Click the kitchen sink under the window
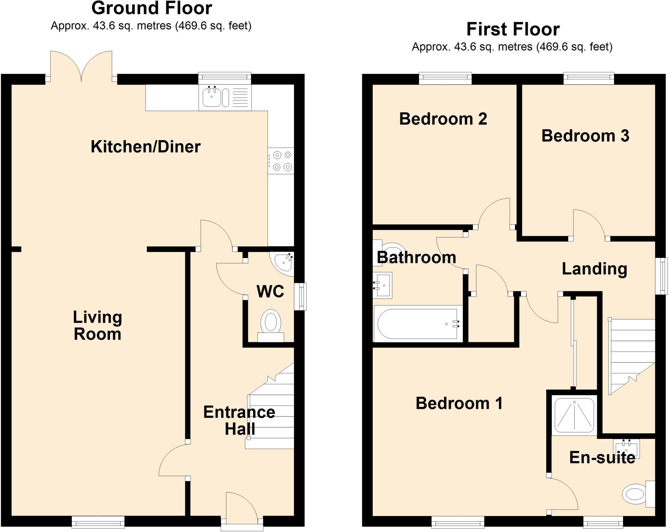click(212, 97)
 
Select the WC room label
click(270, 291)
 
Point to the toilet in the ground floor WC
click(271, 325)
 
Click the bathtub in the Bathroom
click(417, 324)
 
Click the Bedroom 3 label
click(585, 136)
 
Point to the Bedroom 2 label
click(443, 119)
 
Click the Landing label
click(594, 269)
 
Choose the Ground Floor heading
click(152, 8)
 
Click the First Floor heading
click(513, 29)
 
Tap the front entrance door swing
click(241, 507)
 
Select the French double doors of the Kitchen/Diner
click(81, 67)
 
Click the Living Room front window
click(98, 522)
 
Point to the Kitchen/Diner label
click(146, 147)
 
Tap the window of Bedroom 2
click(445, 78)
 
